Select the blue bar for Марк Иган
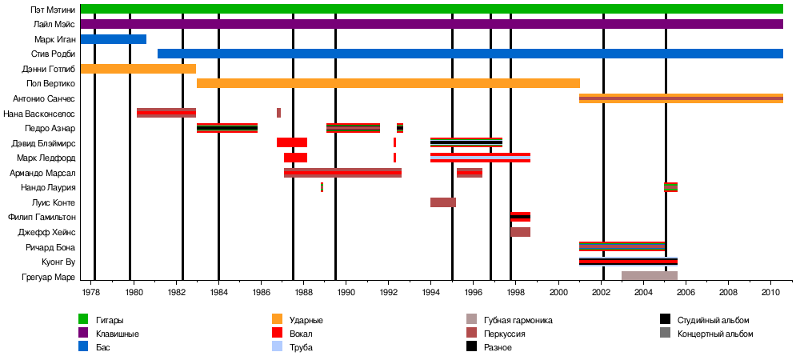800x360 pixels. (113, 39)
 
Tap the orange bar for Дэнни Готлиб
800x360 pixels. (138, 69)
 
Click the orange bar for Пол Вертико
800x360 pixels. (388, 83)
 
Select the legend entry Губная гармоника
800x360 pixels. (518, 320)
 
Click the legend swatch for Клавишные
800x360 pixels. (83, 334)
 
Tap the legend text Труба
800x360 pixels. (300, 347)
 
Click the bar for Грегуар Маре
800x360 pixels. (650, 276)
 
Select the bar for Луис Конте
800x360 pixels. (443, 202)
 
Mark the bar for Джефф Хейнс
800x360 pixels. (520, 232)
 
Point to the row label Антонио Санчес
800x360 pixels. (44, 98)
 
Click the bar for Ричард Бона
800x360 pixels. (622, 246)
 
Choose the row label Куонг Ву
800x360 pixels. (58, 262)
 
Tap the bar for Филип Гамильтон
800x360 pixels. (520, 217)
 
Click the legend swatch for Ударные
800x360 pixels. (278, 320)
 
